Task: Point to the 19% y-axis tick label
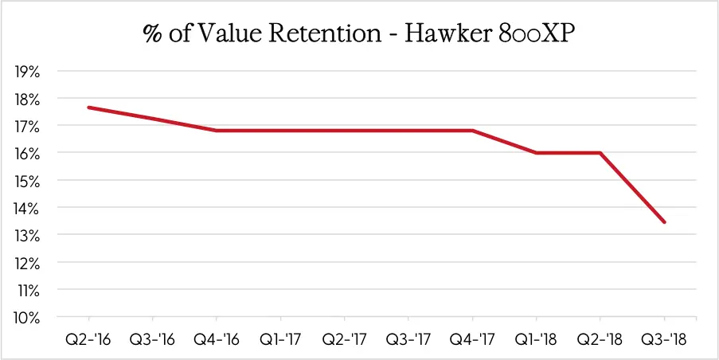(x=28, y=72)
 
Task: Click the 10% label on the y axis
(x=28, y=317)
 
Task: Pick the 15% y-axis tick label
(x=28, y=181)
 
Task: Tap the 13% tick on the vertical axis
(x=28, y=235)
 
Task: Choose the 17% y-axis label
(x=28, y=126)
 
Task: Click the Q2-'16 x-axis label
(x=88, y=338)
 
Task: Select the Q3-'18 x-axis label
(x=664, y=338)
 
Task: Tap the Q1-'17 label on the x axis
(x=280, y=338)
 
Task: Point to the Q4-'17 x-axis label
(x=472, y=338)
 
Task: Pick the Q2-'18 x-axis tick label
(x=600, y=338)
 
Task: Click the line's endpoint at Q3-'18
(x=664, y=222)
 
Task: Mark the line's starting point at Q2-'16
(x=88, y=108)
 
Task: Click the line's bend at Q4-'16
(x=217, y=131)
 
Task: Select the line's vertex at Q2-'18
(x=600, y=153)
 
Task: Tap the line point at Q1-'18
(x=537, y=153)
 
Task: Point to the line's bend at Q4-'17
(x=472, y=131)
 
